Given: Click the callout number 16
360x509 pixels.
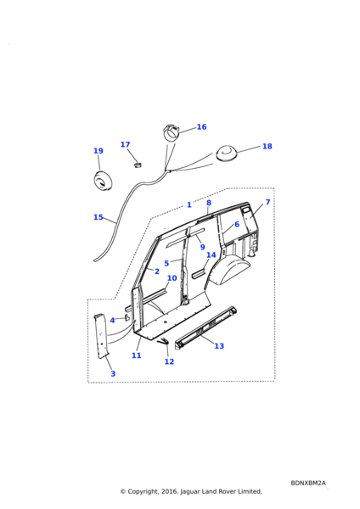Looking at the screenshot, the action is tap(201, 127).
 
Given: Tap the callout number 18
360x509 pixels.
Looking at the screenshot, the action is tap(267, 147).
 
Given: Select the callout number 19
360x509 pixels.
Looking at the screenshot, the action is tap(98, 151).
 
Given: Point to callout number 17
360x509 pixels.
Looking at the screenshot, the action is tap(125, 145).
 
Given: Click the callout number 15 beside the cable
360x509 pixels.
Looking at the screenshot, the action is tap(98, 217).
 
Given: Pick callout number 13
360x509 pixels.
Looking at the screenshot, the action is tap(219, 346).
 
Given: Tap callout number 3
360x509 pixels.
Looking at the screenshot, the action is tap(113, 373).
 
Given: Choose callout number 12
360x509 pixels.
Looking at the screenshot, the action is tap(169, 361).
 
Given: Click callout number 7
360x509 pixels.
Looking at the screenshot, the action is tap(267, 202).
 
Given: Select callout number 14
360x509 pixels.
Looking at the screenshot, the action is tap(211, 255).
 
